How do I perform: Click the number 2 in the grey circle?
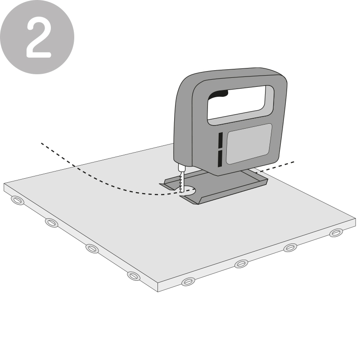click(x=38, y=37)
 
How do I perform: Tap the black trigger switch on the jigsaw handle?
click(x=221, y=94)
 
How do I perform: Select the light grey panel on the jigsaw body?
click(x=248, y=144)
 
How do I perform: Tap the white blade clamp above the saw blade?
click(x=181, y=168)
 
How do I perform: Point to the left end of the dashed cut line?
click(x=42, y=144)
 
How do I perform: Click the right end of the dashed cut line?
click(x=293, y=161)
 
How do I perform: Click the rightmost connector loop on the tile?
click(x=336, y=233)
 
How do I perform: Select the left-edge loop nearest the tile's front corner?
click(x=134, y=275)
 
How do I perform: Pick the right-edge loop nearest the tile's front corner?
click(x=188, y=282)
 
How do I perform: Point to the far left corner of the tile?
click(x=4, y=184)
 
